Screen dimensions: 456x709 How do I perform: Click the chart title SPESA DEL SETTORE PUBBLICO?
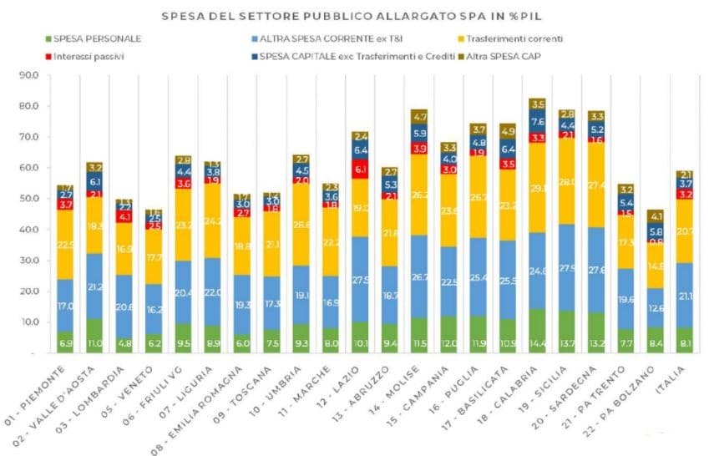pyautogui.click(x=359, y=15)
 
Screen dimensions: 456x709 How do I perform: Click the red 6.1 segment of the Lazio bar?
pyautogui.click(x=361, y=170)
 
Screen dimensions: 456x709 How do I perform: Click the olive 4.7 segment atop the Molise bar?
pyautogui.click(x=418, y=117)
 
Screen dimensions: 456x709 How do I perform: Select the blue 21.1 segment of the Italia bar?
pyautogui.click(x=686, y=294)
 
